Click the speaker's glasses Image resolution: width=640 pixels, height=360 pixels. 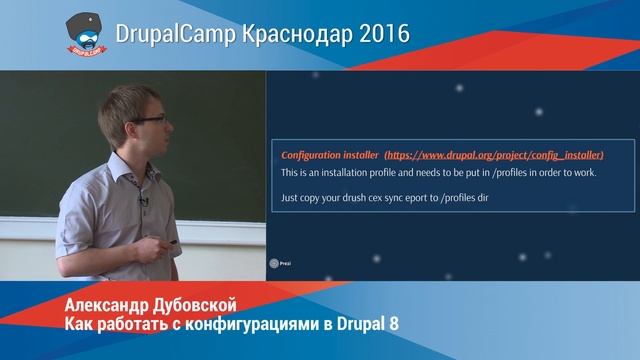point(148,119)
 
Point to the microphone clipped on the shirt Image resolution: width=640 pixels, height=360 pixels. point(143,203)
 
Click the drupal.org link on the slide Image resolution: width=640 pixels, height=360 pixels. point(494,156)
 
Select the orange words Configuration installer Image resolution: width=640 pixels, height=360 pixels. point(329,156)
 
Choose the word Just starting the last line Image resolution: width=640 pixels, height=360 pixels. point(291,199)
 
